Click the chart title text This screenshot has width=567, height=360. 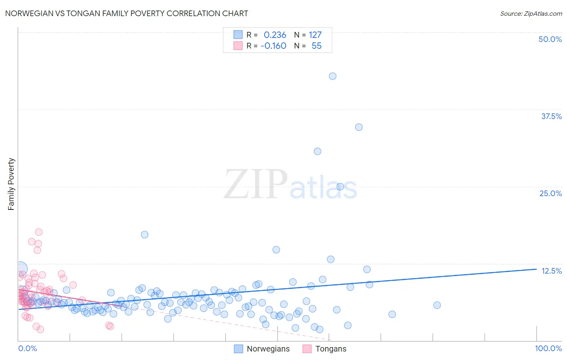click(x=126, y=13)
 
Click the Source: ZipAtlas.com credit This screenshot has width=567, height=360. click(x=531, y=13)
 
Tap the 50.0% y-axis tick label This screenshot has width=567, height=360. click(x=550, y=39)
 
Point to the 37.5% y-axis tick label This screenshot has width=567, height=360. click(x=551, y=116)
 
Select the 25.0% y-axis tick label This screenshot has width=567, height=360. click(x=550, y=193)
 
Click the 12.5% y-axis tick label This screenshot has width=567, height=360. click(x=551, y=271)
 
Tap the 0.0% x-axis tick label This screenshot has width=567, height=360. click(x=27, y=348)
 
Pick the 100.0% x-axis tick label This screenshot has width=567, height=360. click(x=548, y=348)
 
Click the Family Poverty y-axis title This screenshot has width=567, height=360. click(x=11, y=184)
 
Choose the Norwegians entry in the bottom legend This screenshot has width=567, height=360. click(x=268, y=349)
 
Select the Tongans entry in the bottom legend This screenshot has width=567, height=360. click(x=331, y=349)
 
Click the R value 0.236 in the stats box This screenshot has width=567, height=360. click(x=275, y=35)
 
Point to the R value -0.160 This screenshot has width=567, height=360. click(x=273, y=46)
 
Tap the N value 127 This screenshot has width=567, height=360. click(x=315, y=35)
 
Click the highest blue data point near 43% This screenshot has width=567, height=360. click(x=333, y=76)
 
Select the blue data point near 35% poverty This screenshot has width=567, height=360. click(x=359, y=127)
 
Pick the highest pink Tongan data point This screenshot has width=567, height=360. click(x=39, y=232)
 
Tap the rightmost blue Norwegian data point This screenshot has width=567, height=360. click(x=437, y=305)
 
